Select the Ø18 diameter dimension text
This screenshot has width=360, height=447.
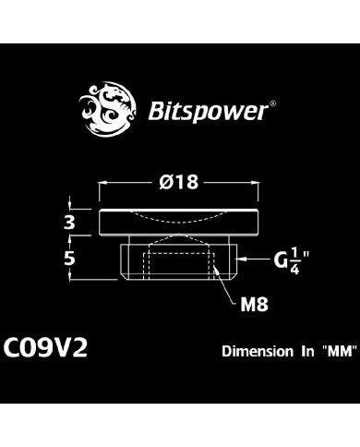(178, 183)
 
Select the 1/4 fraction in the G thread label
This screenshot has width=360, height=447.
(294, 260)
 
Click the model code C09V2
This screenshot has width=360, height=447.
(46, 351)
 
